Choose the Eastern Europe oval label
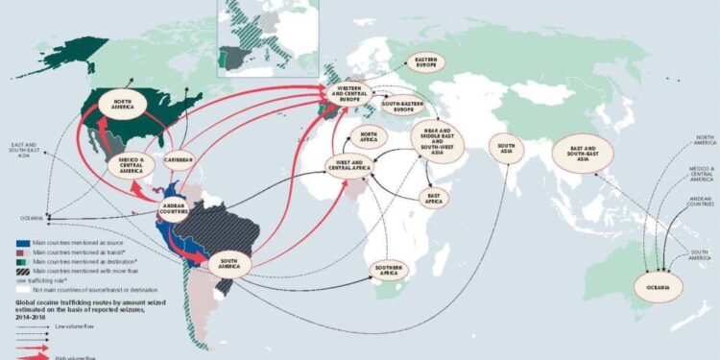click(x=426, y=63)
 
